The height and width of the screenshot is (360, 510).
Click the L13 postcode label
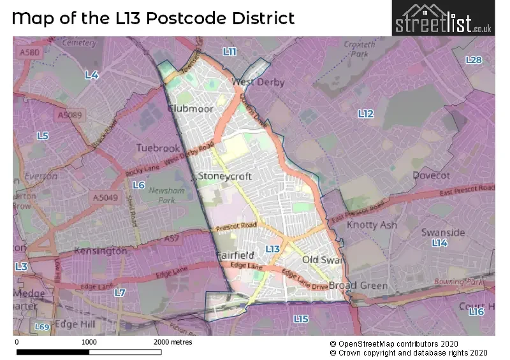pyautogui.click(x=273, y=249)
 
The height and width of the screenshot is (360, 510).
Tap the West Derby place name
pyautogui.click(x=258, y=82)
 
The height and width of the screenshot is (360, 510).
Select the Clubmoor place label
pyautogui.click(x=190, y=109)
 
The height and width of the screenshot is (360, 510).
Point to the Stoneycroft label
pyautogui.click(x=225, y=176)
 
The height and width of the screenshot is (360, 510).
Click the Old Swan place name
pyautogui.click(x=323, y=260)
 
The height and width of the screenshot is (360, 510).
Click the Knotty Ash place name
pyautogui.click(x=372, y=225)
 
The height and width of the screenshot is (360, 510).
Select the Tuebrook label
pyautogui.click(x=158, y=148)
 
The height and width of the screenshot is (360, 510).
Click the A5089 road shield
pyautogui.click(x=69, y=115)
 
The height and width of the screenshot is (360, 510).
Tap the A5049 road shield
pyautogui.click(x=105, y=198)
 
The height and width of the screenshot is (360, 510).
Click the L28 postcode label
pyautogui.click(x=474, y=60)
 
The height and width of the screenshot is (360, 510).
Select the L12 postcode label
pyautogui.click(x=365, y=113)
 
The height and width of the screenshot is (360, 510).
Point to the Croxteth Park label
pyautogui.click(x=356, y=50)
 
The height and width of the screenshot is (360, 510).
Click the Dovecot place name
pyautogui.click(x=431, y=175)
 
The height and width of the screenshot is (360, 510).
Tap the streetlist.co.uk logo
pyautogui.click(x=442, y=18)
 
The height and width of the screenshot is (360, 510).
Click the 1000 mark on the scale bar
pyautogui.click(x=89, y=342)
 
